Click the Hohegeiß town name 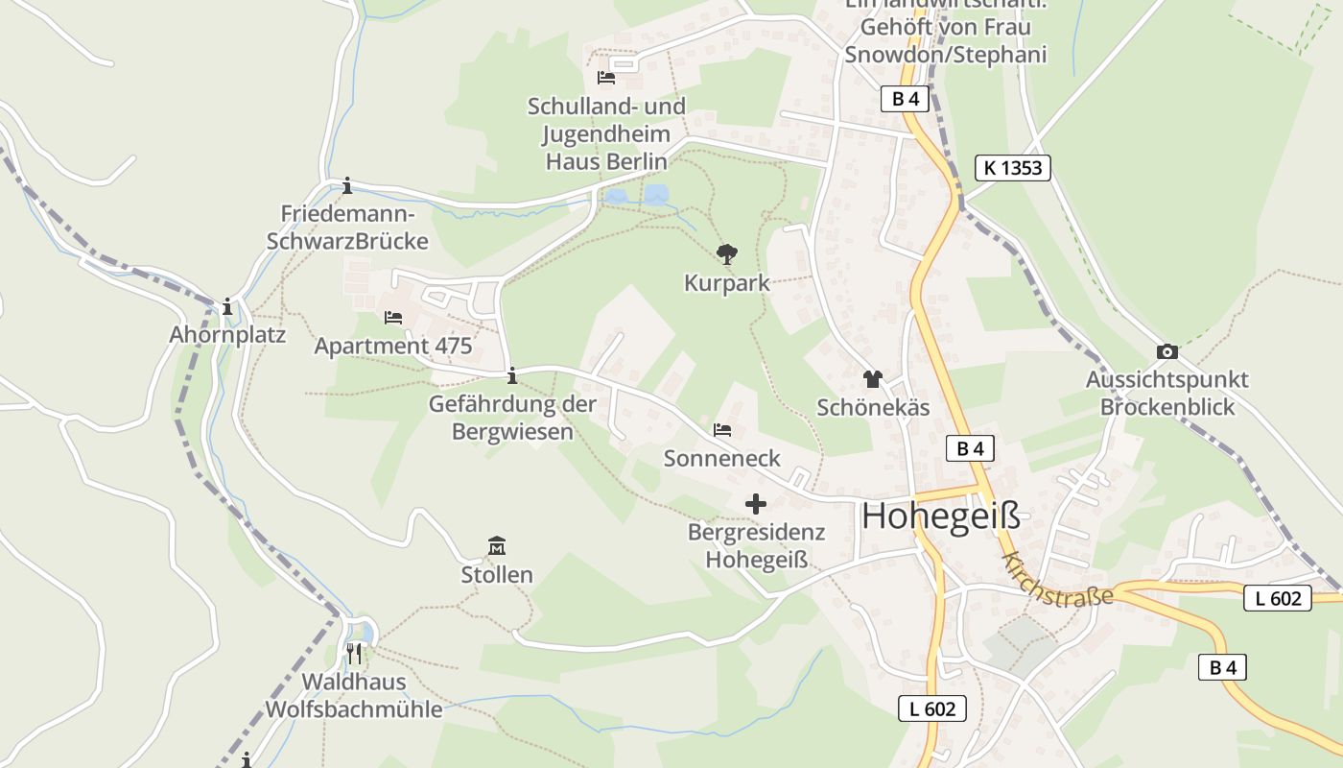coord(940,516)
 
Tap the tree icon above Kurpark coord(727,254)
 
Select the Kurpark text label coord(727,283)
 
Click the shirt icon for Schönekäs coord(872,379)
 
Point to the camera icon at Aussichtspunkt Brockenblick coord(1167,351)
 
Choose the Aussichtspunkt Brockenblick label coord(1167,393)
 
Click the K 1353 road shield coord(1013,168)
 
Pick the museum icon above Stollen coord(497,546)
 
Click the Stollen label coord(497,575)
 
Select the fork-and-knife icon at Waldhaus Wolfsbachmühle coord(354,654)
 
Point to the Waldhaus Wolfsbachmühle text coord(354,696)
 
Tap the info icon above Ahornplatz coord(227,307)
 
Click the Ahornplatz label coord(227,335)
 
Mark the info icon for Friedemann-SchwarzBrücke coord(347,185)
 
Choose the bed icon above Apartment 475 coord(393,317)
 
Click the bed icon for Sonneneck coord(722,430)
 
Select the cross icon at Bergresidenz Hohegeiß coord(756,503)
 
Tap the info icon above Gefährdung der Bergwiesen coord(512,375)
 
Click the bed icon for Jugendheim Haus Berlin coord(606,77)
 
